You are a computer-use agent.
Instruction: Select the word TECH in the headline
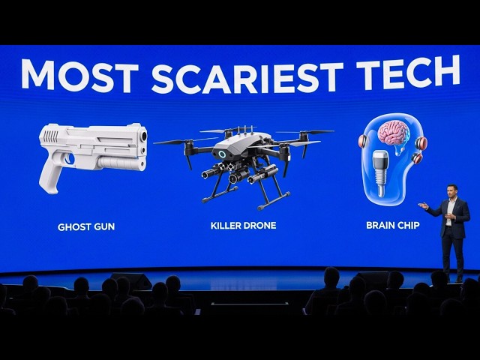[408, 72]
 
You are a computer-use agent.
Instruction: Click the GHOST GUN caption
[86, 226]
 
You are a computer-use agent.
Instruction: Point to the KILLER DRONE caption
[243, 226]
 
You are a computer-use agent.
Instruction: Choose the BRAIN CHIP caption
[393, 225]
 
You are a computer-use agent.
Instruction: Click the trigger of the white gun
[70, 158]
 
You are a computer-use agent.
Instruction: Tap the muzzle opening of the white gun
[143, 136]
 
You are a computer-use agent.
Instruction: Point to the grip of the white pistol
[50, 174]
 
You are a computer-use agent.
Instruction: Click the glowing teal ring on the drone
[221, 154]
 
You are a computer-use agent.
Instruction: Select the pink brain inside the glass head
[393, 132]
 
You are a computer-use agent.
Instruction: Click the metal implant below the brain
[380, 172]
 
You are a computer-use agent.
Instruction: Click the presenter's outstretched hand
[423, 205]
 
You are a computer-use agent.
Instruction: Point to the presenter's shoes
[453, 279]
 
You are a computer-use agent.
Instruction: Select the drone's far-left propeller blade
[172, 142]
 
